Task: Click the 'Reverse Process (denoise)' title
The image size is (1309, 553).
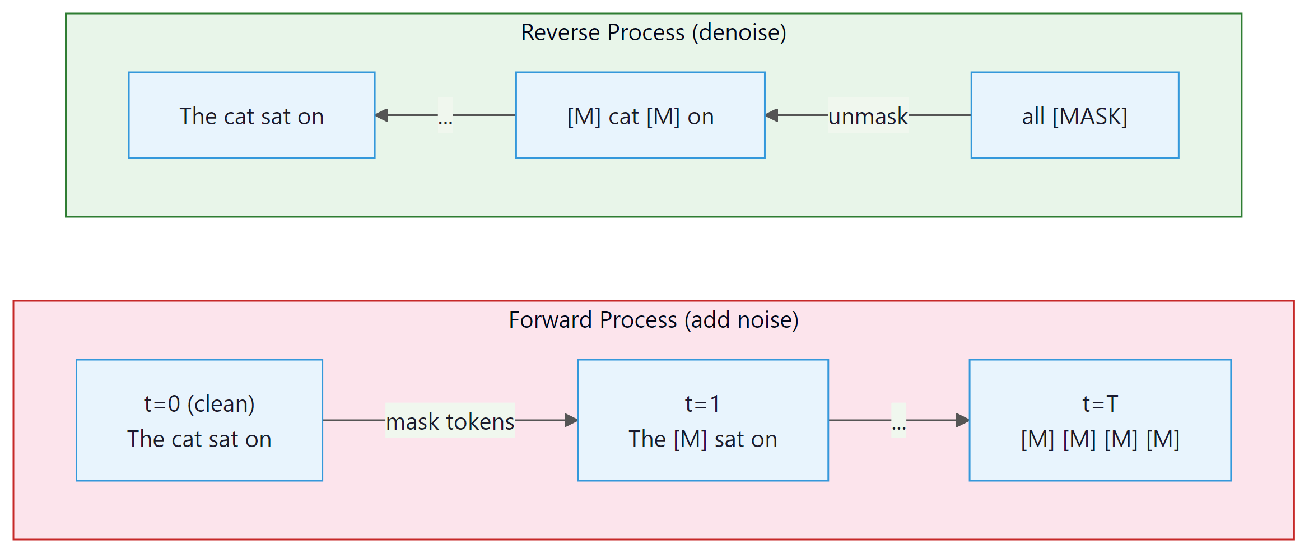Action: [x=653, y=32]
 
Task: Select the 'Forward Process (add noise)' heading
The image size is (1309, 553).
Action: [x=653, y=320]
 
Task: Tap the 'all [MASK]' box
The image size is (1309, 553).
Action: [x=1074, y=115]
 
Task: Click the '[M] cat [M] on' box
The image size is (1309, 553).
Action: [x=640, y=115]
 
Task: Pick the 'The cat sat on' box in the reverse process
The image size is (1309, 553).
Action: [x=251, y=115]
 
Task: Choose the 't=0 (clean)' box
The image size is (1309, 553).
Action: [x=199, y=420]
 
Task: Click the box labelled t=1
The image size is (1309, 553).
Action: [x=702, y=420]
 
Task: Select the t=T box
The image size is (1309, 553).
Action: [x=1100, y=420]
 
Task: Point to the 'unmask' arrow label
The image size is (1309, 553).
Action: [x=868, y=116]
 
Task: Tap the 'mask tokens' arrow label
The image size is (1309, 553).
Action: [x=450, y=421]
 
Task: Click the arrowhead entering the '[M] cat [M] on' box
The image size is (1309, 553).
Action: [x=772, y=115]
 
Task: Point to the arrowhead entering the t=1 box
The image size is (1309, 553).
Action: [x=571, y=420]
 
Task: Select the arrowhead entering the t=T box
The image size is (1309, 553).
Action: [x=962, y=420]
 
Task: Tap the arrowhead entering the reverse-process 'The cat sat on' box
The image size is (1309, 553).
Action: [x=382, y=115]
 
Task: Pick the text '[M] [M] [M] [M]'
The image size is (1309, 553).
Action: [x=1100, y=439]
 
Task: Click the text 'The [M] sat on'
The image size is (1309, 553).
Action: [x=702, y=439]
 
